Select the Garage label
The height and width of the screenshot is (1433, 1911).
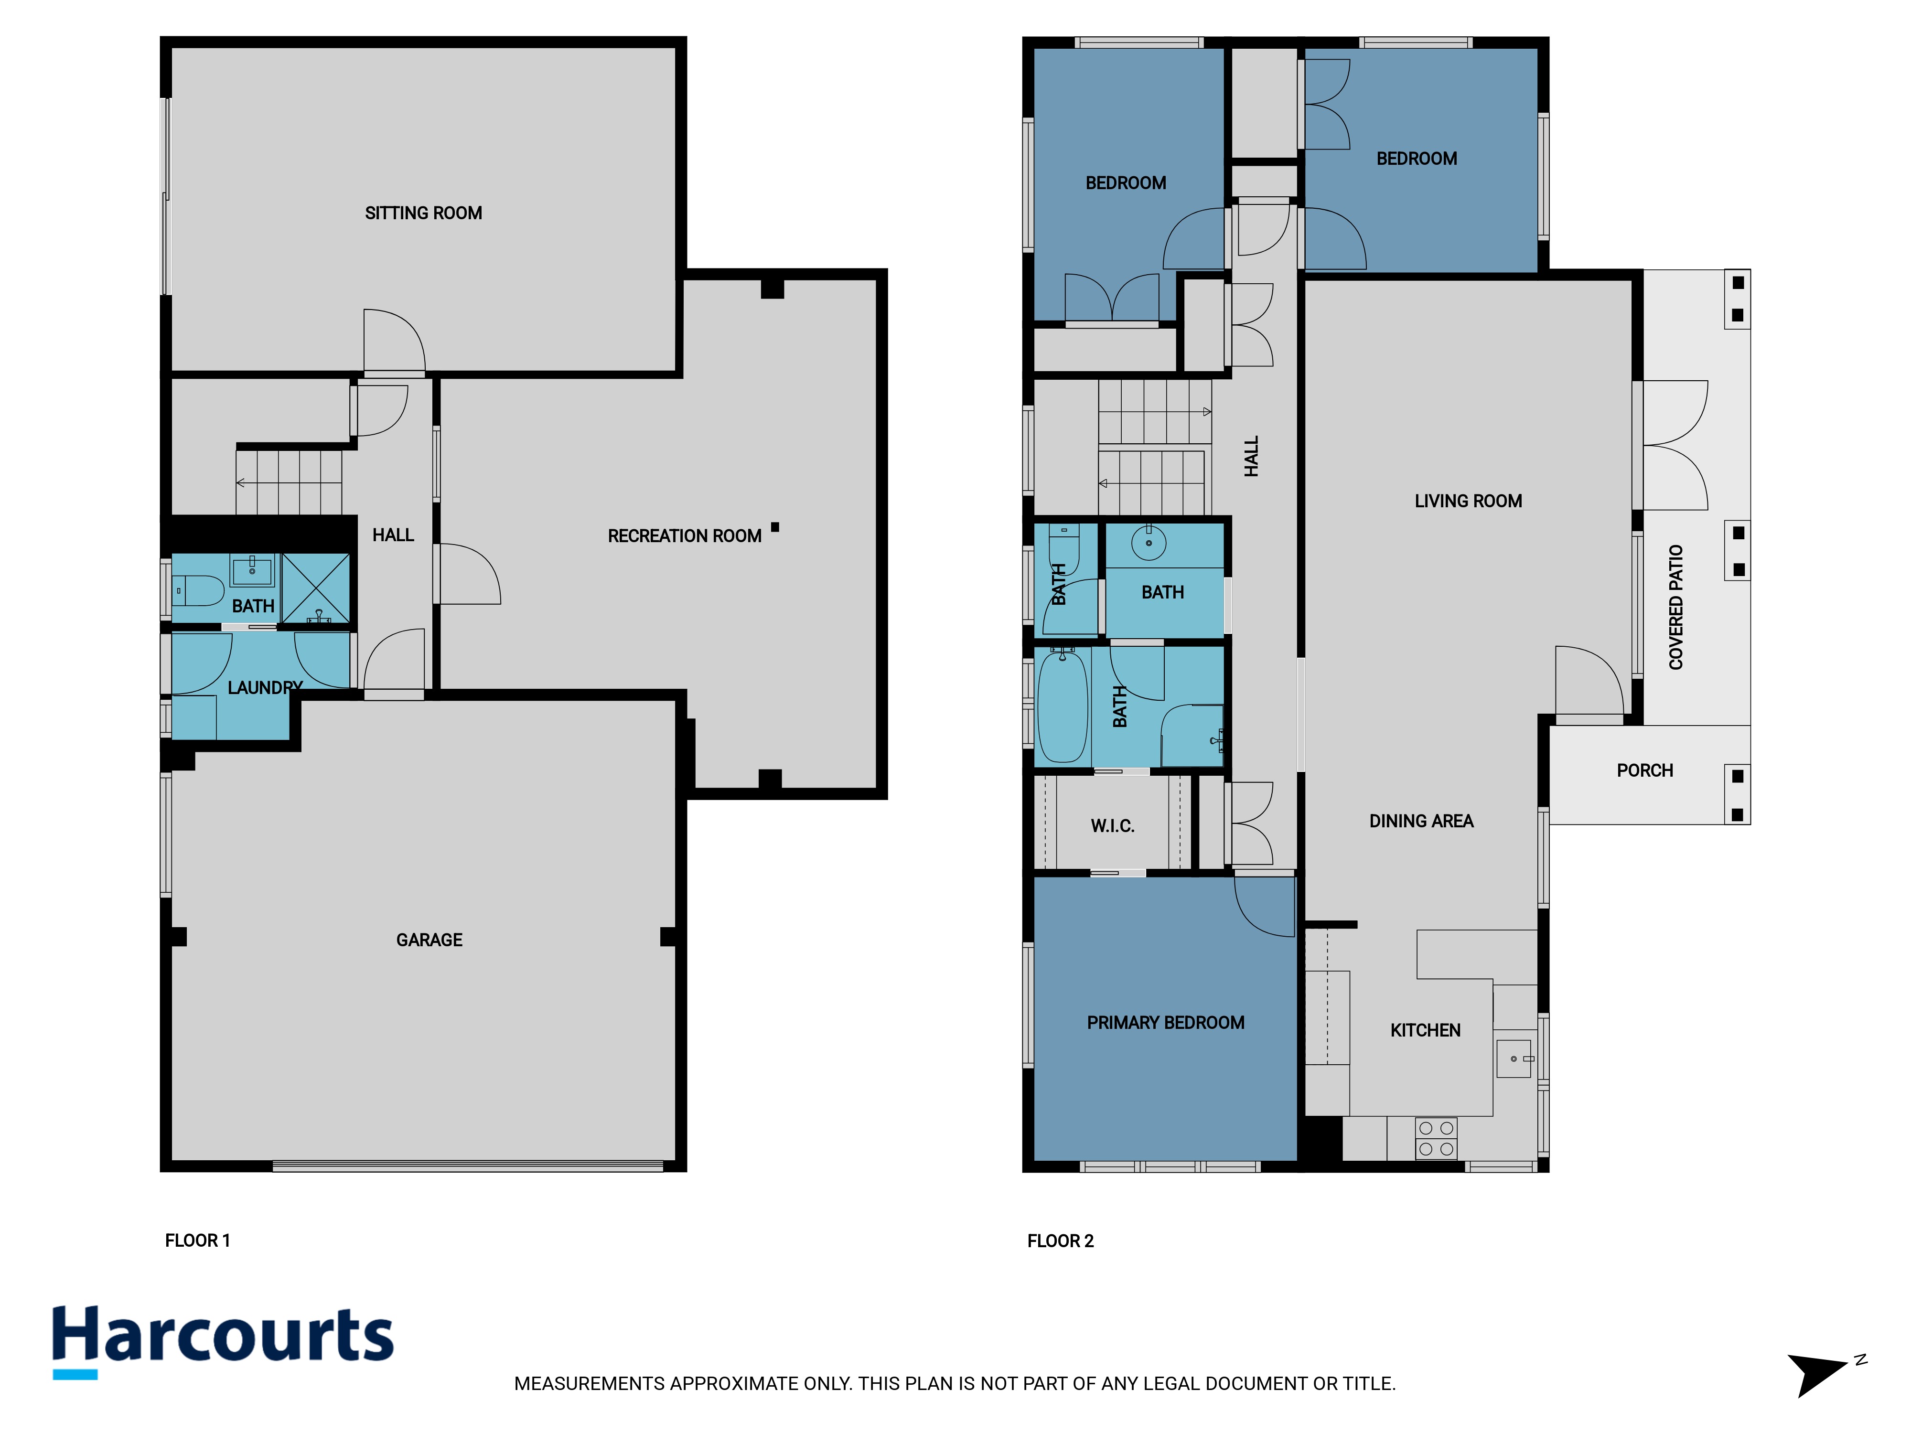coord(429,940)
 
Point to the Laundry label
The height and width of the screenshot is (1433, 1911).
coord(265,687)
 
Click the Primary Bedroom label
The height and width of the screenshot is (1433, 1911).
coord(1165,1023)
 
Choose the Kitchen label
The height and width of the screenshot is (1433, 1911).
coord(1426,1030)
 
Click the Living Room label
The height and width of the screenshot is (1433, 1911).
coord(1468,501)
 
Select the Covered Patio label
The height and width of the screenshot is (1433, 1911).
coord(1676,607)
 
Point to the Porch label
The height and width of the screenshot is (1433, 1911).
coord(1645,770)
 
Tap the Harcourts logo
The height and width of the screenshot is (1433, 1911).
coord(223,1341)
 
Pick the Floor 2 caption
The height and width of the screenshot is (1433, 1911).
coord(1060,1241)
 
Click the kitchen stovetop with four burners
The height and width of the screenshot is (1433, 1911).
coord(1436,1138)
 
